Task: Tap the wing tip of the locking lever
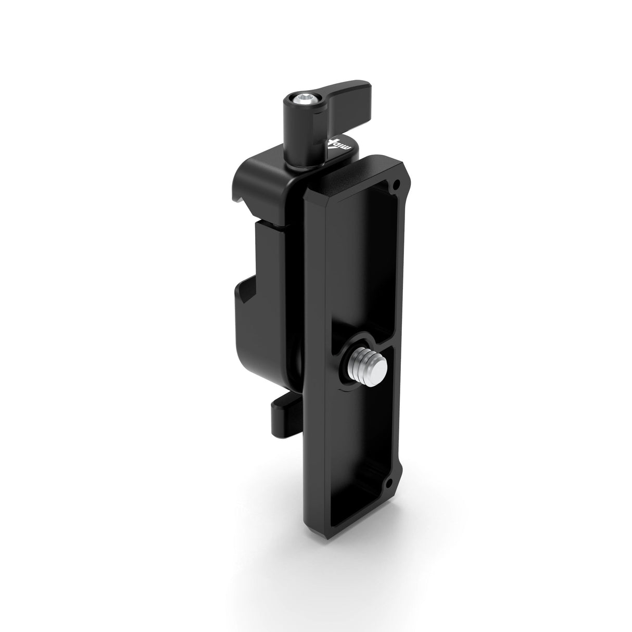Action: (359, 88)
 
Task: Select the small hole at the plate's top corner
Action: (397, 184)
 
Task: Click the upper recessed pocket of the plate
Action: (364, 260)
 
